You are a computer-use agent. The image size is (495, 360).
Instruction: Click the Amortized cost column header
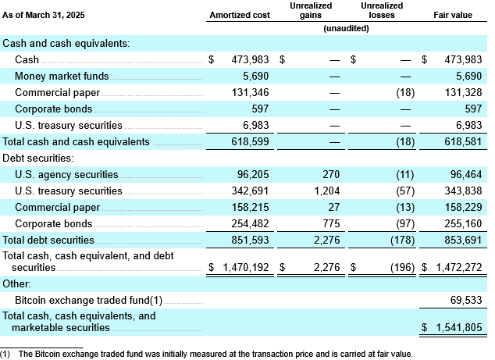tap(239, 15)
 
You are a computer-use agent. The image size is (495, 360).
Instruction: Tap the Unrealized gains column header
tap(311, 10)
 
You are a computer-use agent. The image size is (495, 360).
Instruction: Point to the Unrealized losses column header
tap(382, 10)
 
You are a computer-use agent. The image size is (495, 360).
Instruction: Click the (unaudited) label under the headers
tap(346, 28)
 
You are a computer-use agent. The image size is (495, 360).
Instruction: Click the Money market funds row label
tap(62, 77)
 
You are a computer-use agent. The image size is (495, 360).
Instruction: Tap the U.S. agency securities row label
tap(66, 175)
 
